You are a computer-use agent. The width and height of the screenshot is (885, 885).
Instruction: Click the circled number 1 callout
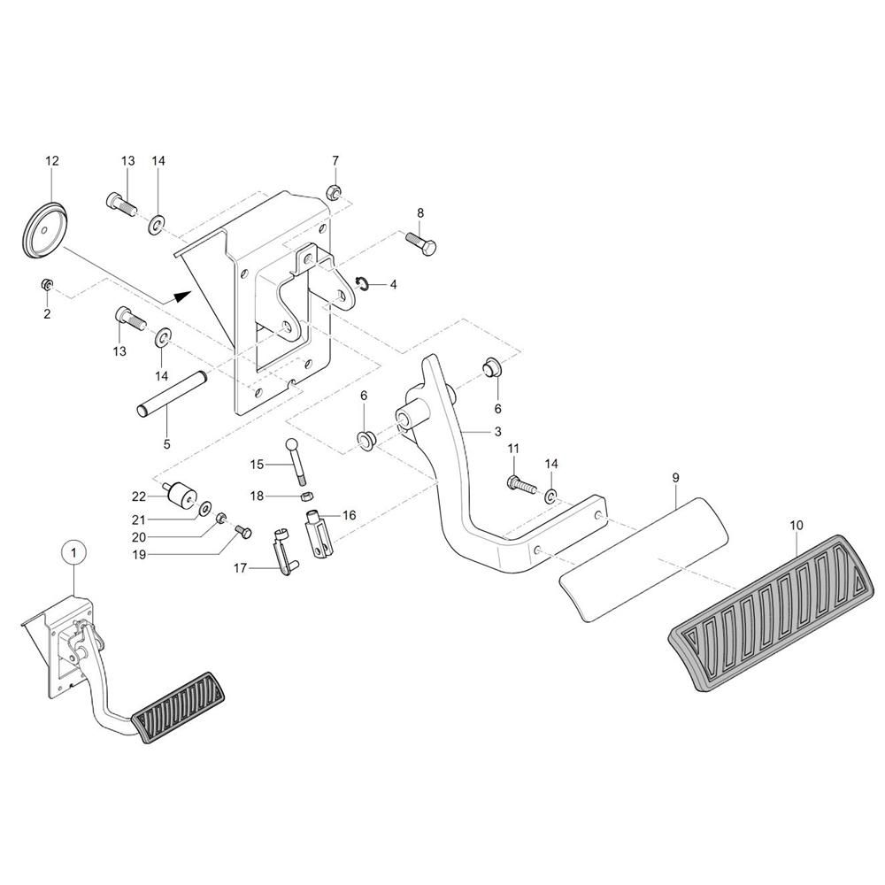point(74,553)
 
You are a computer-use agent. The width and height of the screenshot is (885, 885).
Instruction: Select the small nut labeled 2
point(48,284)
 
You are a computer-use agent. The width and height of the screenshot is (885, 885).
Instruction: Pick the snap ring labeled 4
point(361,282)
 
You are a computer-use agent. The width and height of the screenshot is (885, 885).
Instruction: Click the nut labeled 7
point(335,190)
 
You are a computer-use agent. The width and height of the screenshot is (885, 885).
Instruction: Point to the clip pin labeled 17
point(281,555)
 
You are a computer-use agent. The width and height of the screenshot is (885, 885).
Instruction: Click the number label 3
point(497,432)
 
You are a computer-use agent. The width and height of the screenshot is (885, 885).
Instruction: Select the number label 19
point(139,555)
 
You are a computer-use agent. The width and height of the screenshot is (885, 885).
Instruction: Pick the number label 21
point(139,519)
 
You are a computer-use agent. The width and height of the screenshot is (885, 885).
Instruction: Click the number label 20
point(139,537)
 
